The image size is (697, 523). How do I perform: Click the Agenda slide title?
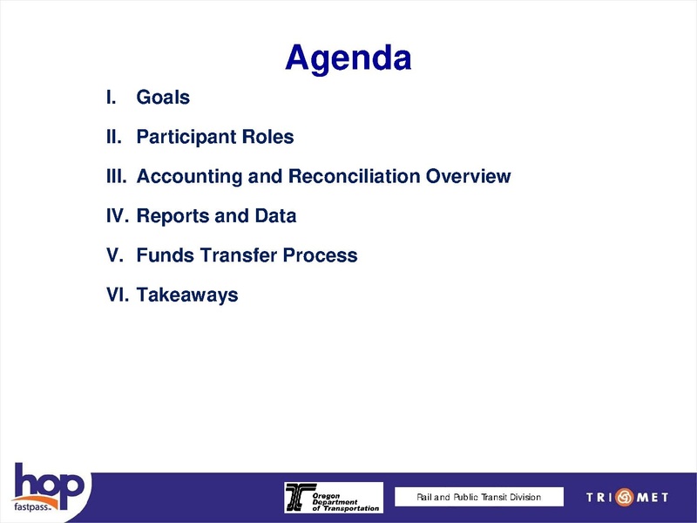(x=348, y=58)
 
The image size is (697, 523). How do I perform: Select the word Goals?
(x=163, y=98)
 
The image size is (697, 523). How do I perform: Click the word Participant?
(x=188, y=138)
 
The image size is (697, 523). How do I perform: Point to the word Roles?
(x=269, y=137)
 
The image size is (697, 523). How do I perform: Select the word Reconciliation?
(x=355, y=177)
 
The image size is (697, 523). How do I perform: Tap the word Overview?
(x=469, y=177)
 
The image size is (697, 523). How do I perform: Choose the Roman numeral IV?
(x=116, y=216)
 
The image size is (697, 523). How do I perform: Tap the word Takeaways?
(x=187, y=295)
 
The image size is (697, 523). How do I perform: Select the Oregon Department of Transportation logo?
(x=333, y=498)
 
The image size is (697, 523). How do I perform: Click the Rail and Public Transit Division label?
(x=478, y=498)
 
